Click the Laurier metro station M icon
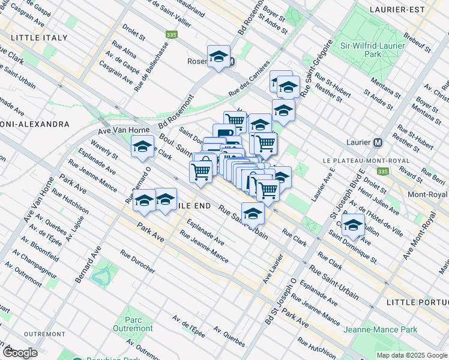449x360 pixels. [378, 143]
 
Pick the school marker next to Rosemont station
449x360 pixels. [218, 58]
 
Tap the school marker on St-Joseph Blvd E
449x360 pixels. [354, 226]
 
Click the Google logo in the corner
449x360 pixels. [19, 352]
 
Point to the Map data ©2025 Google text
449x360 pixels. [412, 355]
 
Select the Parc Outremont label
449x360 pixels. [132, 324]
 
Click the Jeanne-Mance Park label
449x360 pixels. [380, 330]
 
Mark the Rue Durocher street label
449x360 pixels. [137, 262]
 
